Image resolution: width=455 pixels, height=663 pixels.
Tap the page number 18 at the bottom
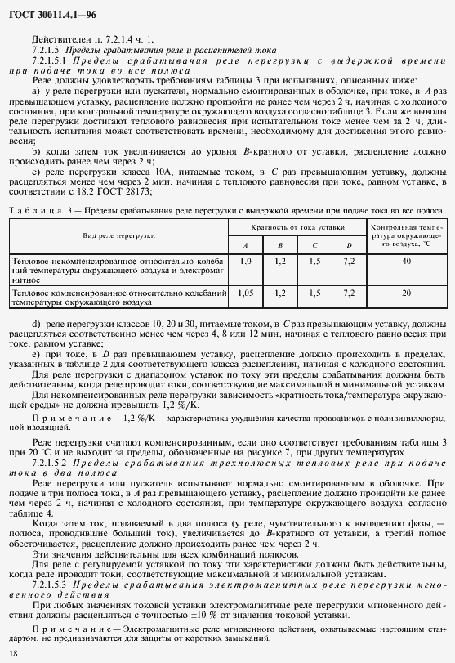12,652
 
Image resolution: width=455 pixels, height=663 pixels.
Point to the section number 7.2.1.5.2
51,462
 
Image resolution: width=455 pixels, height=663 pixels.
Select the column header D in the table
349,245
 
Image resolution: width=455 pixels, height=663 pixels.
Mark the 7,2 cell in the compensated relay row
349,292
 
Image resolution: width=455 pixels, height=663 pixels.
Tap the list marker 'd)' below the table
36,325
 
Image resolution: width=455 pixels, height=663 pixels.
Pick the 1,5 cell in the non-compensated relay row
314,260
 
